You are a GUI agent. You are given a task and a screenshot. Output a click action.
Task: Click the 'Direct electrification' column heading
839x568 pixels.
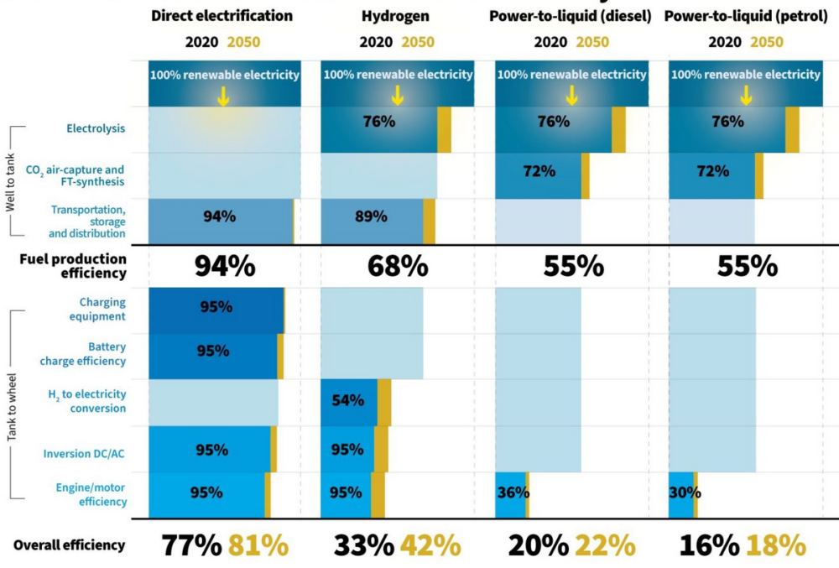click(x=221, y=16)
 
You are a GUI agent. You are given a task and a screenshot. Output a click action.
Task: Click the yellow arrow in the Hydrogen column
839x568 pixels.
click(x=398, y=95)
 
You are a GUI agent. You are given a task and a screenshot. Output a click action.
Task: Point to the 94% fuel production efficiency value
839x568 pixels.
click(x=225, y=266)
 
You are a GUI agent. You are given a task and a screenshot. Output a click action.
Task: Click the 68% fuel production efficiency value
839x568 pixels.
click(x=398, y=266)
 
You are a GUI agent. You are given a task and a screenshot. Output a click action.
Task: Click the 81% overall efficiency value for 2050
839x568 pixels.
click(x=258, y=545)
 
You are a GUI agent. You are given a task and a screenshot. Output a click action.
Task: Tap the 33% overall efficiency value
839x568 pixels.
click(x=364, y=545)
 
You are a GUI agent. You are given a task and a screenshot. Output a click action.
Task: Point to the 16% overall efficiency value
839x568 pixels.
click(x=710, y=545)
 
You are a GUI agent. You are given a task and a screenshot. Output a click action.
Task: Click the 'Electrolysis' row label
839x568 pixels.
click(x=96, y=128)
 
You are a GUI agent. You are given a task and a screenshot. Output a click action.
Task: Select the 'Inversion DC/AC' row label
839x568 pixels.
click(x=84, y=454)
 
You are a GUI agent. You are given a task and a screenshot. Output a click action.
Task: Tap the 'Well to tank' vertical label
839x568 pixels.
click(x=10, y=182)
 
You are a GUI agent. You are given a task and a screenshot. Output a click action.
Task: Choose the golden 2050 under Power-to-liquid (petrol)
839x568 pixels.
click(x=767, y=42)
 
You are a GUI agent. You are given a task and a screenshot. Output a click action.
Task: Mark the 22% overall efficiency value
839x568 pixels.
click(x=605, y=545)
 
